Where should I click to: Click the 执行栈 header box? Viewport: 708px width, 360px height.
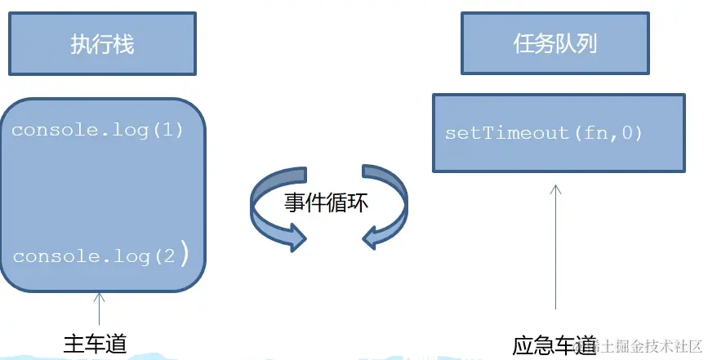pyautogui.click(x=102, y=43)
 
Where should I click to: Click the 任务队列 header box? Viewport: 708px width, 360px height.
pyautogui.click(x=555, y=42)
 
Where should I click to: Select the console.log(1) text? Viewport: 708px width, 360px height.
pyautogui.click(x=97, y=130)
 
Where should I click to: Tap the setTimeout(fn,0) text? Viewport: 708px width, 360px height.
pyautogui.click(x=544, y=133)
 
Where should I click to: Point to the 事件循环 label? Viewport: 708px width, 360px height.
pyautogui.click(x=327, y=203)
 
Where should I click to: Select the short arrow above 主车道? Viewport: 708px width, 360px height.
pyautogui.click(x=100, y=308)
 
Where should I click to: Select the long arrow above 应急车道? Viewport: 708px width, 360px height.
pyautogui.click(x=556, y=245)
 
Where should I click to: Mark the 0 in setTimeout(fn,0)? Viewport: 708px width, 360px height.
pyautogui.click(x=626, y=133)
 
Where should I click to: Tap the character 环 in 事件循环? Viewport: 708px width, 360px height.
pyautogui.click(x=358, y=203)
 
